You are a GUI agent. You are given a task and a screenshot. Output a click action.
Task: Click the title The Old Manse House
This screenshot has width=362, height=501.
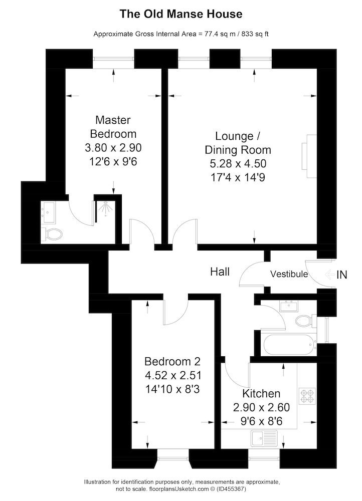(181, 14)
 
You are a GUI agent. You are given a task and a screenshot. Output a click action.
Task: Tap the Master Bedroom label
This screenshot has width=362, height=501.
(113, 127)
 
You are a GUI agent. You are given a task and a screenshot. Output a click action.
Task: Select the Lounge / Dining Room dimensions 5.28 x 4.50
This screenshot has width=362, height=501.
(238, 164)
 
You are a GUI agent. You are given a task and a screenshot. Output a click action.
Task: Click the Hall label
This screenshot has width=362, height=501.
(220, 272)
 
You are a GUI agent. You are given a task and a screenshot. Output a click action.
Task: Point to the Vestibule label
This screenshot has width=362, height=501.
(289, 274)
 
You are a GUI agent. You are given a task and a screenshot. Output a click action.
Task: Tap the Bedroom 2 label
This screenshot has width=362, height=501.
(172, 361)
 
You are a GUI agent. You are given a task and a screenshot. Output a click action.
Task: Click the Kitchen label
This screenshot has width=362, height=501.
(261, 393)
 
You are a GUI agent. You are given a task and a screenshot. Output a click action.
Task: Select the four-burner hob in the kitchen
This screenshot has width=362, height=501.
(307, 396)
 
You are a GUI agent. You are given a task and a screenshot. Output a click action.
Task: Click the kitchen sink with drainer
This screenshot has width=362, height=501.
(264, 438)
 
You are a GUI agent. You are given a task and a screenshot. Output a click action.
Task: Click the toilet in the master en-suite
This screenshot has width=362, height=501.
(54, 234)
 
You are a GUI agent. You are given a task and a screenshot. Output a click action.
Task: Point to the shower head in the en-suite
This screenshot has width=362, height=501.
(105, 208)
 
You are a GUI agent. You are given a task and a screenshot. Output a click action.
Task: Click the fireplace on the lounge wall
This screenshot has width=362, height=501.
(309, 156)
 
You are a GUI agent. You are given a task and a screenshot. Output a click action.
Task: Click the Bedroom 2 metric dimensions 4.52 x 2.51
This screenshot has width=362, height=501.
(173, 375)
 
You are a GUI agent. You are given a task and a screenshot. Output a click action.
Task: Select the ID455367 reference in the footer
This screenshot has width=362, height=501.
(232, 489)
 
